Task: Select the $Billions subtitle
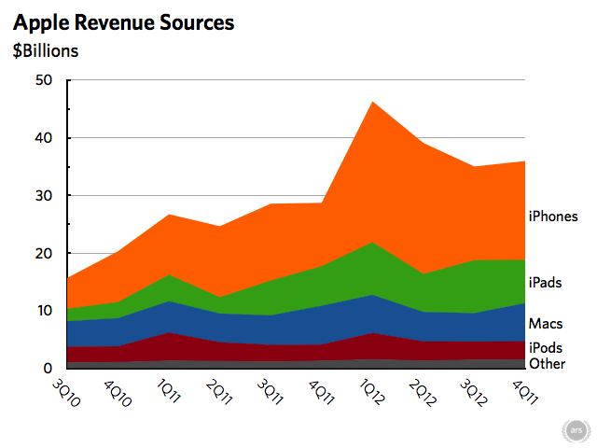point(46,50)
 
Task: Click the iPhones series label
point(553,217)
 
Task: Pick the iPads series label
point(545,282)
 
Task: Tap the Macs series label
point(545,324)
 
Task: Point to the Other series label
point(547,363)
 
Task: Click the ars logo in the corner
point(577,430)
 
